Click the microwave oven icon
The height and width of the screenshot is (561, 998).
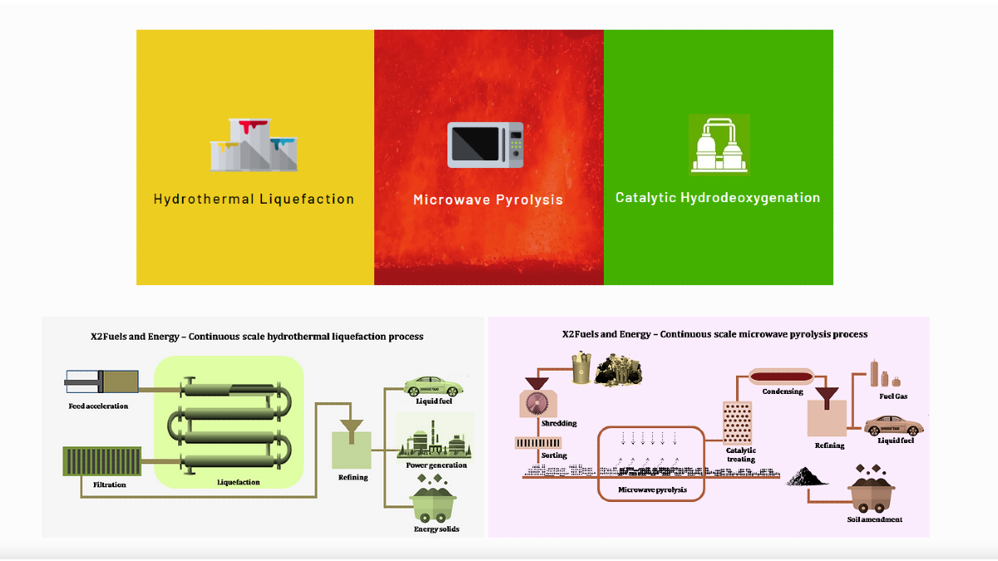486,145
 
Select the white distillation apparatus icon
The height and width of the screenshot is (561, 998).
719,145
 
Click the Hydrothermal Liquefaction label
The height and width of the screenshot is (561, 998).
254,199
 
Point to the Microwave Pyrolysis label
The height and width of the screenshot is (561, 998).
488,199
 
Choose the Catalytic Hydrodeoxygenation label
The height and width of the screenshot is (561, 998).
718,198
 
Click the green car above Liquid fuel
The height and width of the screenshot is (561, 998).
433,386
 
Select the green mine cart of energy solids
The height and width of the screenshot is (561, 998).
436,501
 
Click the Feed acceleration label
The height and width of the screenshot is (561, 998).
98,406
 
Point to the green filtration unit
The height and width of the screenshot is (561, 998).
102,461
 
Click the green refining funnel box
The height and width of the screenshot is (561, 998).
353,447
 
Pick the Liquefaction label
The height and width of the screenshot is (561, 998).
238,482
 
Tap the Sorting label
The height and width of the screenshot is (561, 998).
554,455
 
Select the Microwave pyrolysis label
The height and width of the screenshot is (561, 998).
652,490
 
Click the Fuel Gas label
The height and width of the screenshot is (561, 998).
893,396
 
